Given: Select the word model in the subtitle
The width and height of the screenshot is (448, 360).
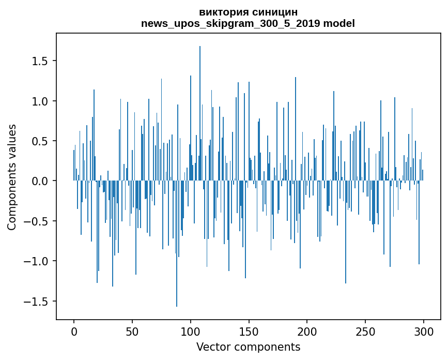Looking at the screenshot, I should click(339, 23).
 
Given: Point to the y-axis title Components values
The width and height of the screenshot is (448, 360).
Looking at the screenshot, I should click(11, 177).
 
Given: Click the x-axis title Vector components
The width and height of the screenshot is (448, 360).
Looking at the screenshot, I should click(248, 347).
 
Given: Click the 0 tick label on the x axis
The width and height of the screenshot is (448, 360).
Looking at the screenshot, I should click(74, 331).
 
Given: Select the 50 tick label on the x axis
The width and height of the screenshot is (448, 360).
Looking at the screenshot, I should click(132, 331).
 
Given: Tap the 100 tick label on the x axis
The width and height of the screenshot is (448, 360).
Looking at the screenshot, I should click(191, 331).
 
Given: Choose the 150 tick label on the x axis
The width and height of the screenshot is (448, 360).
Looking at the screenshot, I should click(249, 331).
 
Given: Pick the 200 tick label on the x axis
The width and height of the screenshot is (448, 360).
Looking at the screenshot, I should click(307, 331).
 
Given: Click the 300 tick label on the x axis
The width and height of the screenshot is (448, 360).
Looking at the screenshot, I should click(424, 331).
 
